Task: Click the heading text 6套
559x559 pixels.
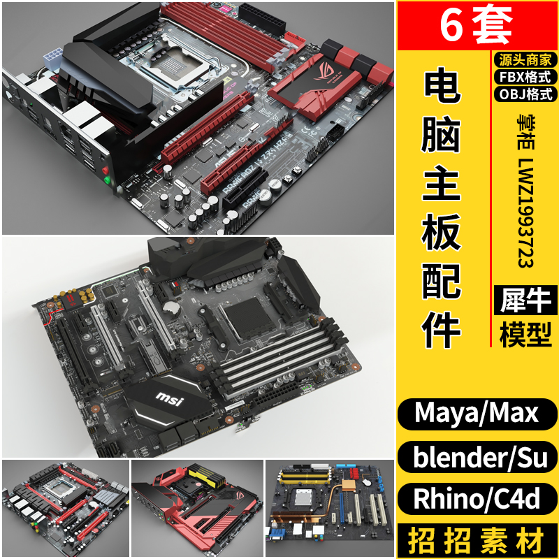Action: click(477, 26)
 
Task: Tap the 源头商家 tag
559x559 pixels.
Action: click(524, 59)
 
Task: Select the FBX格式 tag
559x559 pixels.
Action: click(524, 77)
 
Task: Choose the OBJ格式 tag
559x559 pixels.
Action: click(524, 94)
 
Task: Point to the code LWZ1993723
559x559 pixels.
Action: click(525, 210)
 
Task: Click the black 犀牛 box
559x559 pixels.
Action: click(526, 300)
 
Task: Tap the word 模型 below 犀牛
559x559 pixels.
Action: click(526, 335)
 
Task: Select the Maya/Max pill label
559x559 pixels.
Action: click(477, 413)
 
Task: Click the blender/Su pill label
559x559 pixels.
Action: click(477, 457)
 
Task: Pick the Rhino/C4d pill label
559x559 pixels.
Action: click(477, 500)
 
